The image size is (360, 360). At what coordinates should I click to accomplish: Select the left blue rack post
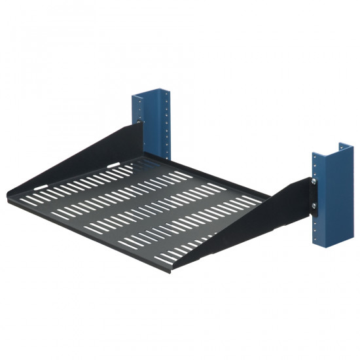tap(156, 124)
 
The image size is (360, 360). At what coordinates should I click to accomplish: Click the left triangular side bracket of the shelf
tap(111, 148)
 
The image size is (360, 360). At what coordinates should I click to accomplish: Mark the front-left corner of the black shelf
tap(9, 192)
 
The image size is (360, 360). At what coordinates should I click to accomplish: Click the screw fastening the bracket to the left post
tap(140, 122)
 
